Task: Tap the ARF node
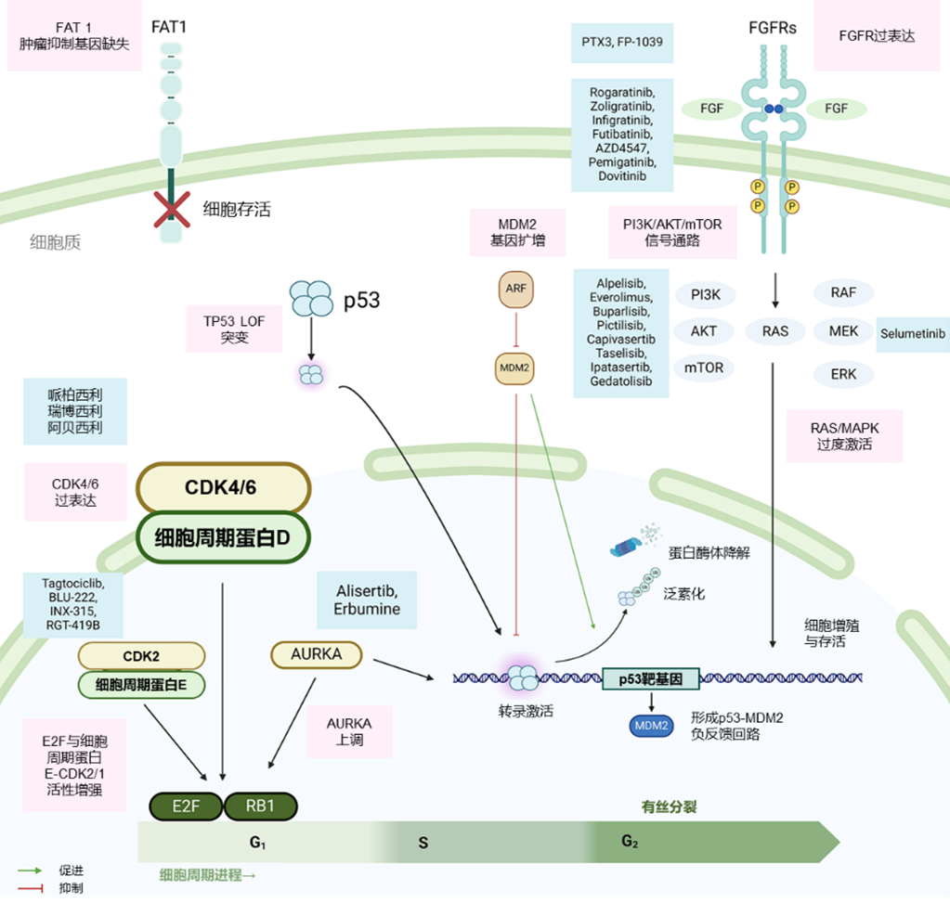pos(515,289)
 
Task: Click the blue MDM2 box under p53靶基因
pos(652,725)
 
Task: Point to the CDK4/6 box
pos(223,487)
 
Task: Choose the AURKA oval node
pos(316,654)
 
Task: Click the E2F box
pos(186,806)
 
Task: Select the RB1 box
pos(261,806)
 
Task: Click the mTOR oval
pos(705,367)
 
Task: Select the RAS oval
pos(774,330)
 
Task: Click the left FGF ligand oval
pos(712,109)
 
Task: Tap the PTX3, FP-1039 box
pos(621,43)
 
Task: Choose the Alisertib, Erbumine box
pos(367,600)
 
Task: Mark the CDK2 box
pos(141,656)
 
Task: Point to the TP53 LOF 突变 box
pos(234,328)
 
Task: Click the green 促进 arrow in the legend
pos(31,871)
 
